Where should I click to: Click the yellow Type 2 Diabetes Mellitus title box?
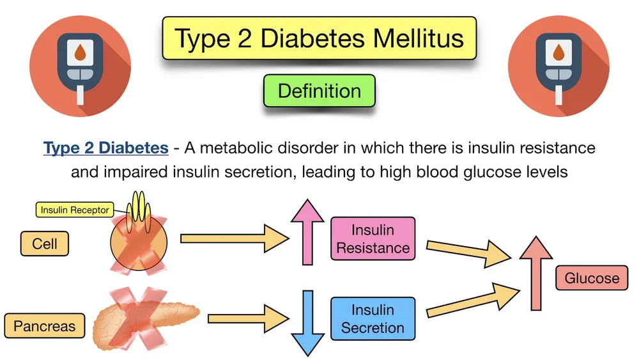tap(319, 38)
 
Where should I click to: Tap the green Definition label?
tap(319, 91)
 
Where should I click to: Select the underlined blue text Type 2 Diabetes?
tap(106, 148)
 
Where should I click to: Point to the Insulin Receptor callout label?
tap(74, 210)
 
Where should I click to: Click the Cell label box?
tap(45, 244)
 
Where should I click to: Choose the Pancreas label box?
tap(44, 326)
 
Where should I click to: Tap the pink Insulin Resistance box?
tap(373, 239)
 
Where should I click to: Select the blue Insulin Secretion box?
tap(373, 319)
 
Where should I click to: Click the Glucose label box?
tap(592, 278)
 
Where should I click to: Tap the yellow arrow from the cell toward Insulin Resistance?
tap(233, 239)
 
